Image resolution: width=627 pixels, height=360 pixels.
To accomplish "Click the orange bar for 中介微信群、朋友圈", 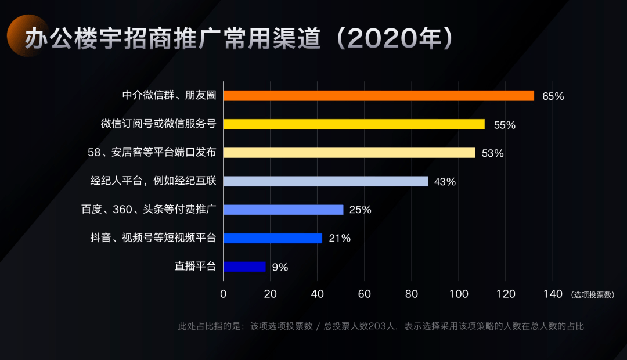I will (379, 96).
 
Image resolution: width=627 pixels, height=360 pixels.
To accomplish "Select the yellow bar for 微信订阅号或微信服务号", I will (354, 124).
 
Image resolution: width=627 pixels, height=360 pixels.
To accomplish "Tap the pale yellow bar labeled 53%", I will (349, 153).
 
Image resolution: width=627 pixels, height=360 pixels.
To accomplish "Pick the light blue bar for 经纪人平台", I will (325, 181).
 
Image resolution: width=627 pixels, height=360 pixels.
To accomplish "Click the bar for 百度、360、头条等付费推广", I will (283, 210).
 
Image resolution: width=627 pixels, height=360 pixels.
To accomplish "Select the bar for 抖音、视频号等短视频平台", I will (272, 238).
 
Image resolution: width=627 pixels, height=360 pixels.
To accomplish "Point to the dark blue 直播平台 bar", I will (244, 267).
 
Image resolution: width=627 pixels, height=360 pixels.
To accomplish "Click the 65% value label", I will (553, 96).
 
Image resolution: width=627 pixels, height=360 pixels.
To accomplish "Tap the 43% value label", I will (445, 182).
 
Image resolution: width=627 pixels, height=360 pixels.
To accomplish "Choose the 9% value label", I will (280, 267).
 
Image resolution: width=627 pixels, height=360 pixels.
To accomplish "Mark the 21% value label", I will (339, 239).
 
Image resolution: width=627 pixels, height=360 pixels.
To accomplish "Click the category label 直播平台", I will (195, 267).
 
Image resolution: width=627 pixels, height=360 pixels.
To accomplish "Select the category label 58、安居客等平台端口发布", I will (152, 153).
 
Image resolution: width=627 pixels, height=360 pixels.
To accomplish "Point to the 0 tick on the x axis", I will (224, 294).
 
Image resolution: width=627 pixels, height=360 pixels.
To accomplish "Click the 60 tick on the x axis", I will (365, 294).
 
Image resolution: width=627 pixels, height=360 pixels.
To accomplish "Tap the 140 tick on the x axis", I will (552, 294).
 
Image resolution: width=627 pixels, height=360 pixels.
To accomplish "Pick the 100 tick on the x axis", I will (459, 294).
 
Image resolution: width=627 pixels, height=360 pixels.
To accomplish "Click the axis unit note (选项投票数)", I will (593, 295).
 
